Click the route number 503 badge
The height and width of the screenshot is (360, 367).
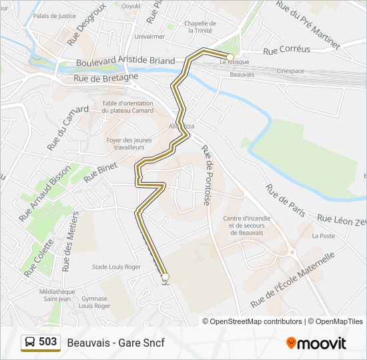41,342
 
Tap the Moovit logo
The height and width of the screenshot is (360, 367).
316,343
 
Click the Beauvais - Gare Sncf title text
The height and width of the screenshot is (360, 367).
115,343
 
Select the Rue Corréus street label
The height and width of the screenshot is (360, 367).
286,49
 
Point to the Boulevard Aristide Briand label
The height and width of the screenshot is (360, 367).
125,61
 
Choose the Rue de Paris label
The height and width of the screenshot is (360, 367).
286,199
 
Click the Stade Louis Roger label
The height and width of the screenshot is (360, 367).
117,267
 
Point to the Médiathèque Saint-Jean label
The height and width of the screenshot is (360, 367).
56,295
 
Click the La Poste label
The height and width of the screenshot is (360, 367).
324,236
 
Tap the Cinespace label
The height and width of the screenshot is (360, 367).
291,70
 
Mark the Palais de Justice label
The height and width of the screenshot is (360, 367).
54,15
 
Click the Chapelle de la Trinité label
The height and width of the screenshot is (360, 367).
200,26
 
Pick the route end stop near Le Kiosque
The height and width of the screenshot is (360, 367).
230,57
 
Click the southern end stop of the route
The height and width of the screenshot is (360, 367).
165,277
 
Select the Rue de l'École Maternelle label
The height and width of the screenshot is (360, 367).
292,280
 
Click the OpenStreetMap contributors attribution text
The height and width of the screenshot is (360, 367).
256,321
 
